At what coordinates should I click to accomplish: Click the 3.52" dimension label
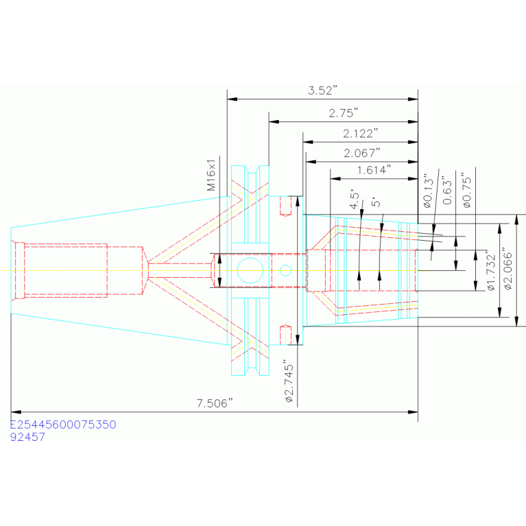click(x=322, y=91)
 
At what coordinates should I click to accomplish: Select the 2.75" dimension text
click(x=343, y=113)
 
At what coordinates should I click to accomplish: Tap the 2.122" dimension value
click(x=360, y=134)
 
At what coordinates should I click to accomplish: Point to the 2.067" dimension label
click(x=361, y=153)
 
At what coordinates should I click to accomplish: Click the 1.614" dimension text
click(x=374, y=170)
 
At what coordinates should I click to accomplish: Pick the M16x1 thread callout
click(x=211, y=175)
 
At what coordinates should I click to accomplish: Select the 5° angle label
click(x=376, y=202)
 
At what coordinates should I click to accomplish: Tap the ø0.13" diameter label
click(x=428, y=191)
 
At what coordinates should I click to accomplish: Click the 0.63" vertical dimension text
click(x=447, y=190)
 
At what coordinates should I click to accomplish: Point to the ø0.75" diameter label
click(x=466, y=190)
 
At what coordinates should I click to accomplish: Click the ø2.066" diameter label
click(x=508, y=270)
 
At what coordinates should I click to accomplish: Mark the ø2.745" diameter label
click(x=289, y=381)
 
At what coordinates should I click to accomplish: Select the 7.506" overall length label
click(x=215, y=403)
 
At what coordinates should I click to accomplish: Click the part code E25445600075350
click(x=63, y=425)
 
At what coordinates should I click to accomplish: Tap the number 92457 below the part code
click(x=27, y=437)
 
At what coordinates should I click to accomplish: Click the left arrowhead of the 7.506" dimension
click(x=16, y=411)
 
